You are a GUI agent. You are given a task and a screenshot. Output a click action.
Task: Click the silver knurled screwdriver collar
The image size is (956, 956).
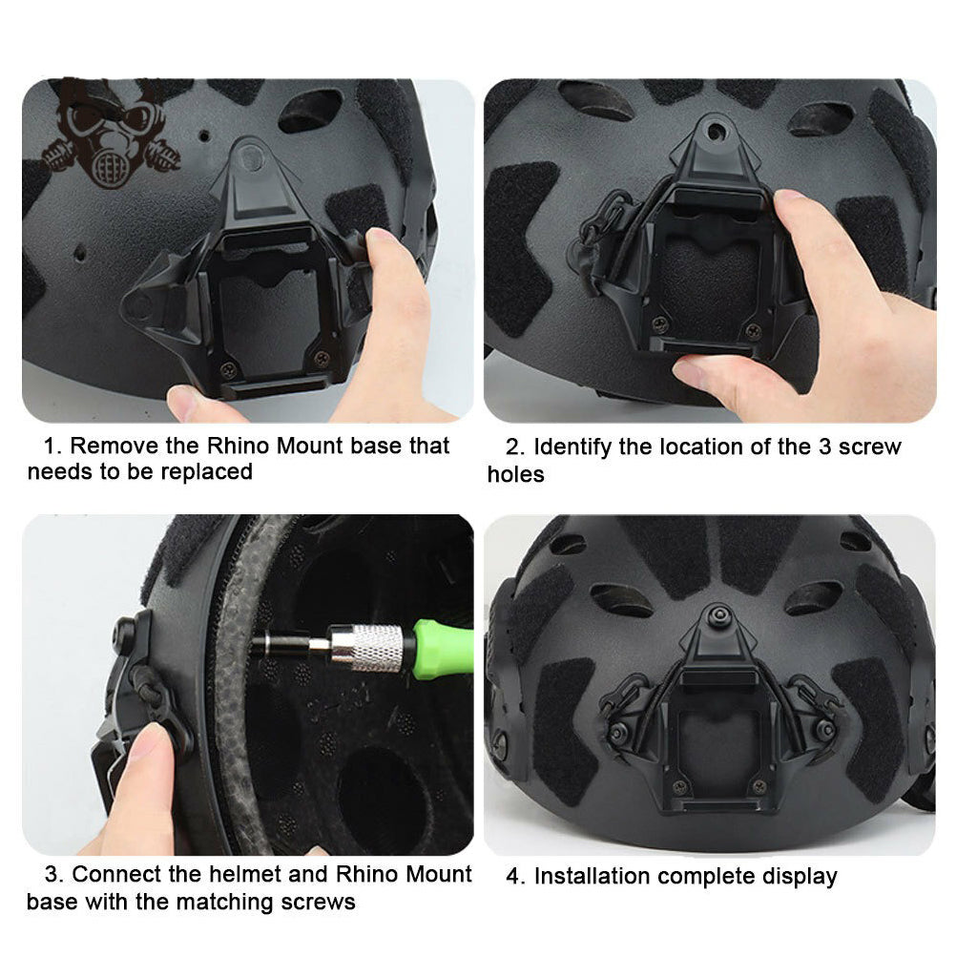tap(368, 648)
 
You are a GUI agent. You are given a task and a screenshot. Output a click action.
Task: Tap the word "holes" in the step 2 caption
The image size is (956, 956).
tap(515, 473)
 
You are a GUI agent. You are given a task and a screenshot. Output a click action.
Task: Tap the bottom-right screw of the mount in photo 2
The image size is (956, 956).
tap(753, 331)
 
